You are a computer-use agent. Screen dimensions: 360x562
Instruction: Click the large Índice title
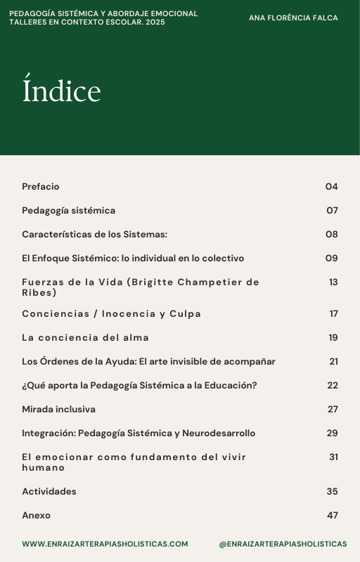62,91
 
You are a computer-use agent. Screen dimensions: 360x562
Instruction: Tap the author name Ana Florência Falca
293,18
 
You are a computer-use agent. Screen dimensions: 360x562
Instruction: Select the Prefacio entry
41,187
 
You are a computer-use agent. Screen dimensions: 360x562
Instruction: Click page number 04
331,187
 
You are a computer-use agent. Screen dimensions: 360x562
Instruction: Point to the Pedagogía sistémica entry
68,211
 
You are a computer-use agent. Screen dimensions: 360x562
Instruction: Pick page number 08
331,235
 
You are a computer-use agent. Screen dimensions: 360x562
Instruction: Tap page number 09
331,259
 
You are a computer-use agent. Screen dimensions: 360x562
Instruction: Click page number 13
333,282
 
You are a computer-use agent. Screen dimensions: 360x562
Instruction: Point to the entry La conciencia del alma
85,338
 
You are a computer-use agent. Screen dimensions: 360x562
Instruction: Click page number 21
333,362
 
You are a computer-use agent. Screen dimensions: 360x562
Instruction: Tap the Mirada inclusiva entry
58,410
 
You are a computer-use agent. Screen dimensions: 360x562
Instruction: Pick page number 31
333,457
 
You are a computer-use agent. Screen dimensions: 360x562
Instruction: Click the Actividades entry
49,492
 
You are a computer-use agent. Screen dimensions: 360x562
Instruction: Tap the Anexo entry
37,516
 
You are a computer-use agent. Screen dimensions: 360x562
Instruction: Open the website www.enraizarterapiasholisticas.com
105,544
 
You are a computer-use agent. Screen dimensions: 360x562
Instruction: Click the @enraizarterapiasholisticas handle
283,544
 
